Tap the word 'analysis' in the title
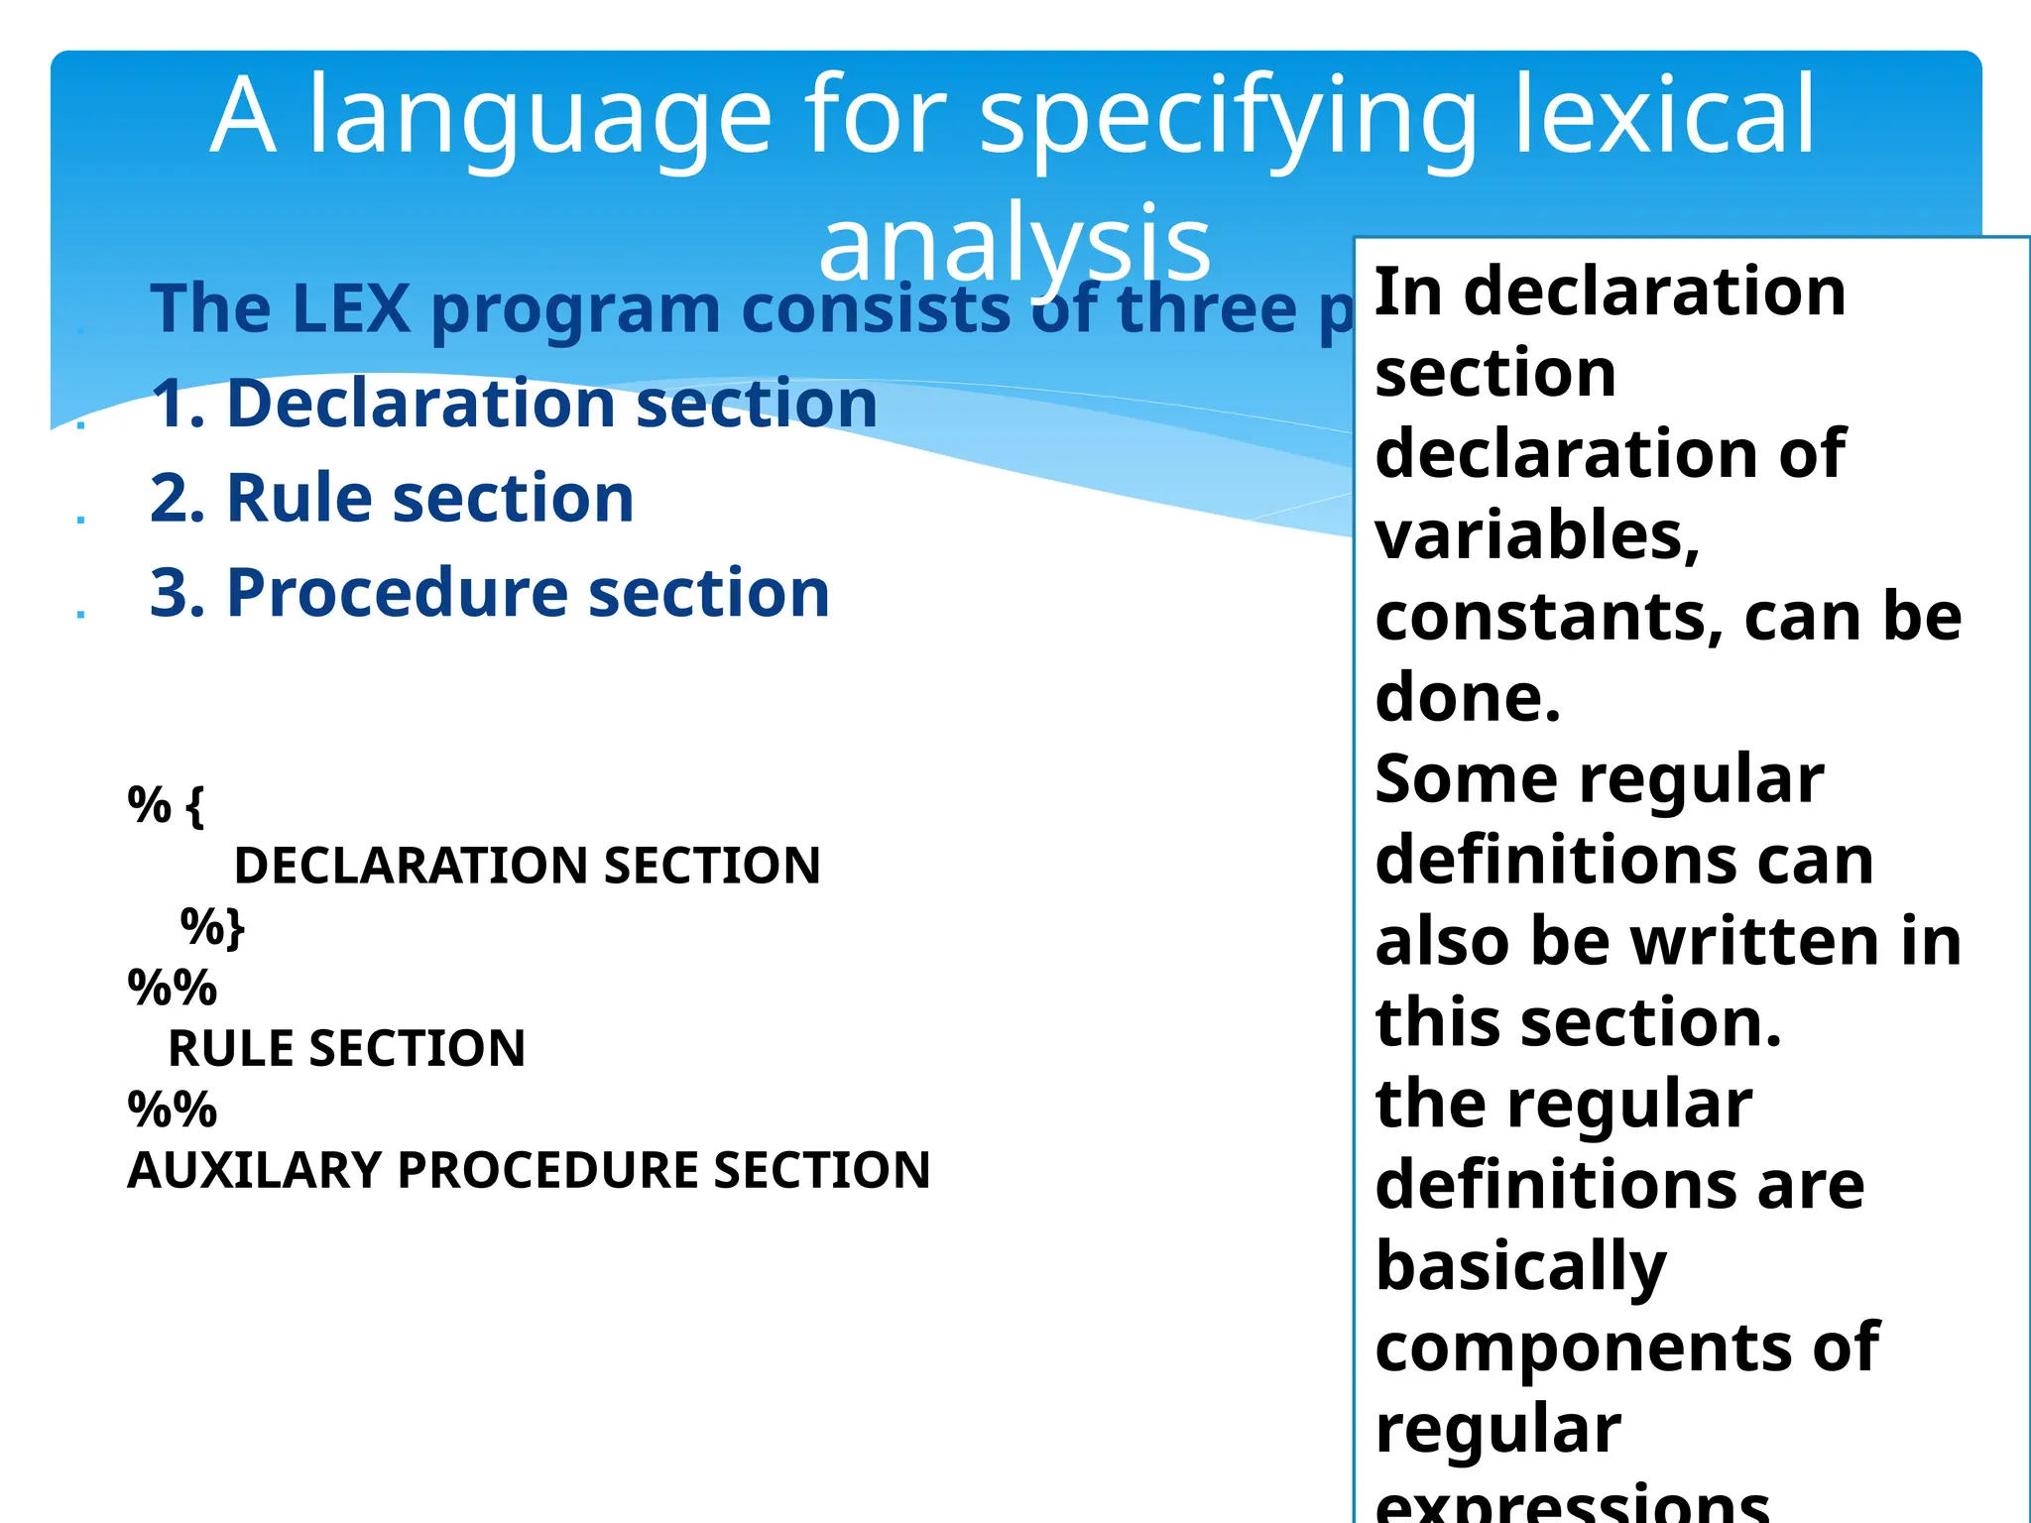1015,243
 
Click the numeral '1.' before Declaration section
179,404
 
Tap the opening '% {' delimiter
166,804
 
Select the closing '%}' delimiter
212,927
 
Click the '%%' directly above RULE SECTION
172,988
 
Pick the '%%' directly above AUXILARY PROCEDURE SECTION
172,1110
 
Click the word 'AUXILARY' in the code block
254,1170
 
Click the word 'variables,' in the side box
1537,536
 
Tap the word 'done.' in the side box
1468,698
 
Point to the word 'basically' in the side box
1521,1268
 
